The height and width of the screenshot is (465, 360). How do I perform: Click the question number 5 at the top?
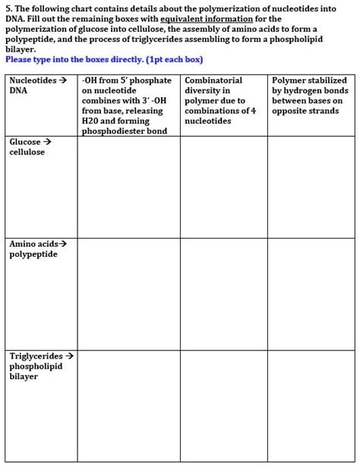point(8,8)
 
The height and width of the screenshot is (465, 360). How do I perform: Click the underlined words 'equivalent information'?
point(201,18)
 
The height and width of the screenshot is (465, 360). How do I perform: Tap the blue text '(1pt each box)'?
point(169,59)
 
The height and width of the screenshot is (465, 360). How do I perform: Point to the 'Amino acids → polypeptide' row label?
point(37,249)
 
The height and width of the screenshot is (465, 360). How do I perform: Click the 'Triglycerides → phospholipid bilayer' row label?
point(41,366)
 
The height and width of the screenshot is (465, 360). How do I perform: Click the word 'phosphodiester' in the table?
point(111,131)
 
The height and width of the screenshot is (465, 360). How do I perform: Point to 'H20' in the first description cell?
point(90,121)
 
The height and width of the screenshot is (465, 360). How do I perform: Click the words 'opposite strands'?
point(303,111)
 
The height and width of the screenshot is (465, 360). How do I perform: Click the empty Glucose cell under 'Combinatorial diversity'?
point(223,186)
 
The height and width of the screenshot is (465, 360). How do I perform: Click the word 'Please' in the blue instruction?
point(19,59)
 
